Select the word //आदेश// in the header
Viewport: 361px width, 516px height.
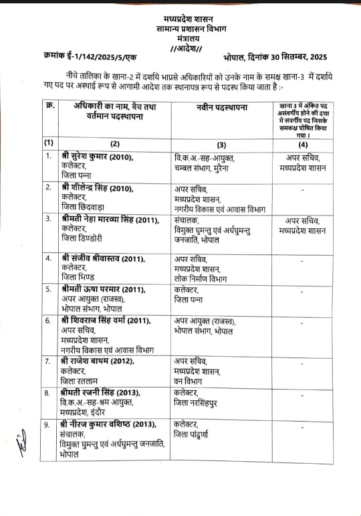tap(190, 49)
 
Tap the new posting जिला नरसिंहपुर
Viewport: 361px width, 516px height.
tap(202, 402)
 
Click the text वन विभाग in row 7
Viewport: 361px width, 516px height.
tap(189, 380)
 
